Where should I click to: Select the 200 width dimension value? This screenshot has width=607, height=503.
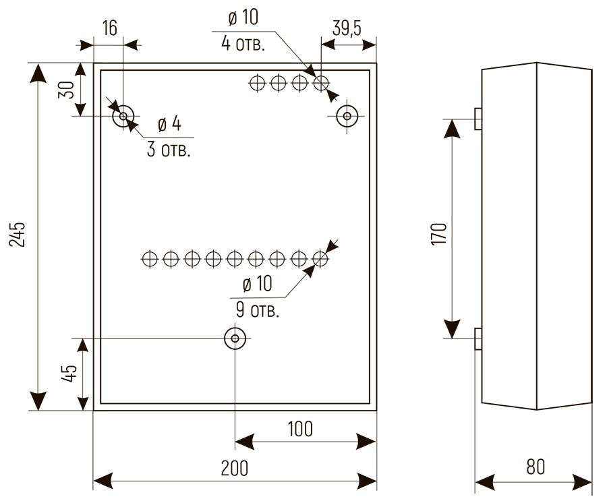click(x=234, y=468)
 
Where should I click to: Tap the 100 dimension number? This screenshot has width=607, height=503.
click(x=299, y=429)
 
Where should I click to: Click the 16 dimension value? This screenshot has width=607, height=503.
click(x=110, y=28)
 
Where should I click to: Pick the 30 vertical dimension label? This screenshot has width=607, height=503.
click(x=66, y=90)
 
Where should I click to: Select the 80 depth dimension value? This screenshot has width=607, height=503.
click(x=534, y=467)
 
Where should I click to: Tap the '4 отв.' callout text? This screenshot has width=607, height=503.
click(x=243, y=45)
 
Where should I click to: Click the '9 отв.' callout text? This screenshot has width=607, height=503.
click(x=257, y=311)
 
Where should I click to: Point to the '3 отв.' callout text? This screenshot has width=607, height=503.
click(x=169, y=149)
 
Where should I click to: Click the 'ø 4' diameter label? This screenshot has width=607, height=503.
click(x=169, y=125)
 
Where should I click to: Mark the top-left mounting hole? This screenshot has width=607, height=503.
click(x=123, y=117)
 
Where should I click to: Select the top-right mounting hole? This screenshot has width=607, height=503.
click(x=347, y=117)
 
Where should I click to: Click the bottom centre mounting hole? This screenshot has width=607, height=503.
click(x=235, y=338)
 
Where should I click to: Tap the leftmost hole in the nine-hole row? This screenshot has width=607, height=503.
click(x=150, y=258)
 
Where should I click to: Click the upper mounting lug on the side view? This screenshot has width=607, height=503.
click(x=478, y=119)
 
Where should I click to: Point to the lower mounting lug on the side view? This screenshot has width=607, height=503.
click(x=478, y=338)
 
